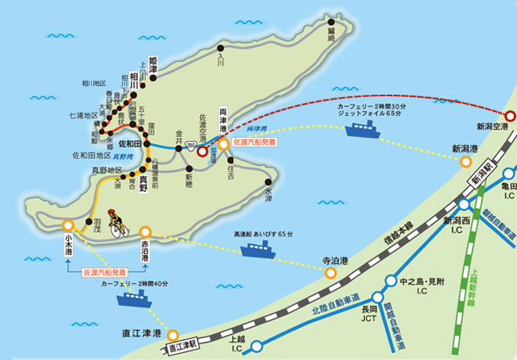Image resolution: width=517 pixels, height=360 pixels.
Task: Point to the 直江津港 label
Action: (x=136, y=333)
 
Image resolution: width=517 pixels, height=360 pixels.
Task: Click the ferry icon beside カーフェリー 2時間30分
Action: (x=366, y=128)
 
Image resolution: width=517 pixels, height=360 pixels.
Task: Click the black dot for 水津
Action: (x=268, y=182)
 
